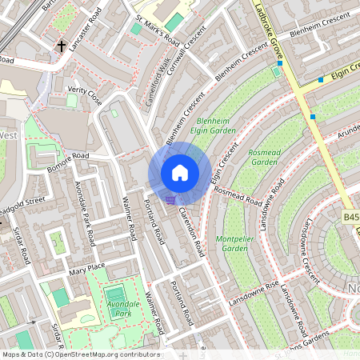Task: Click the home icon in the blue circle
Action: pyautogui.click(x=180, y=173)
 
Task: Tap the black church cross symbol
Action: pyautogui.click(x=62, y=47)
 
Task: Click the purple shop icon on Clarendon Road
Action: pyautogui.click(x=170, y=200)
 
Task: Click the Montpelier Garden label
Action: pyautogui.click(x=232, y=243)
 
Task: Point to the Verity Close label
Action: pyautogui.click(x=85, y=96)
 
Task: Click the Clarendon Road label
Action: pyautogui.click(x=192, y=230)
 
